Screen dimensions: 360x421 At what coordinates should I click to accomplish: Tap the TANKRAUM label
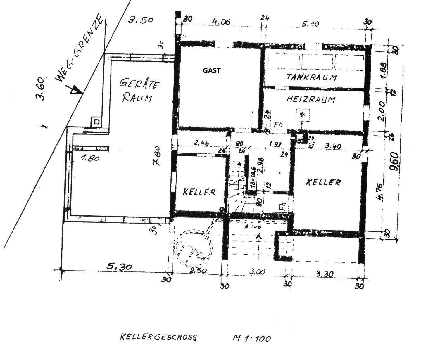coord(312,77)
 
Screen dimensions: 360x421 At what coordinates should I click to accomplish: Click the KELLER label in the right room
coord(323,182)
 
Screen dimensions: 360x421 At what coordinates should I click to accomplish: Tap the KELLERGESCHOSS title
coord(158,337)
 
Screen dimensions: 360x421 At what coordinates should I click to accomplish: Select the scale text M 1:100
coord(251,338)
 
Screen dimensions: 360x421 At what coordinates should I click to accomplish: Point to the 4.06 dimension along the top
coord(221,22)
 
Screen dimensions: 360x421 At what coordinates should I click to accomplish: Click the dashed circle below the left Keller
coord(193,247)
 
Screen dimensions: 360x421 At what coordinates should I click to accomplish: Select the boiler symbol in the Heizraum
coord(301,115)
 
